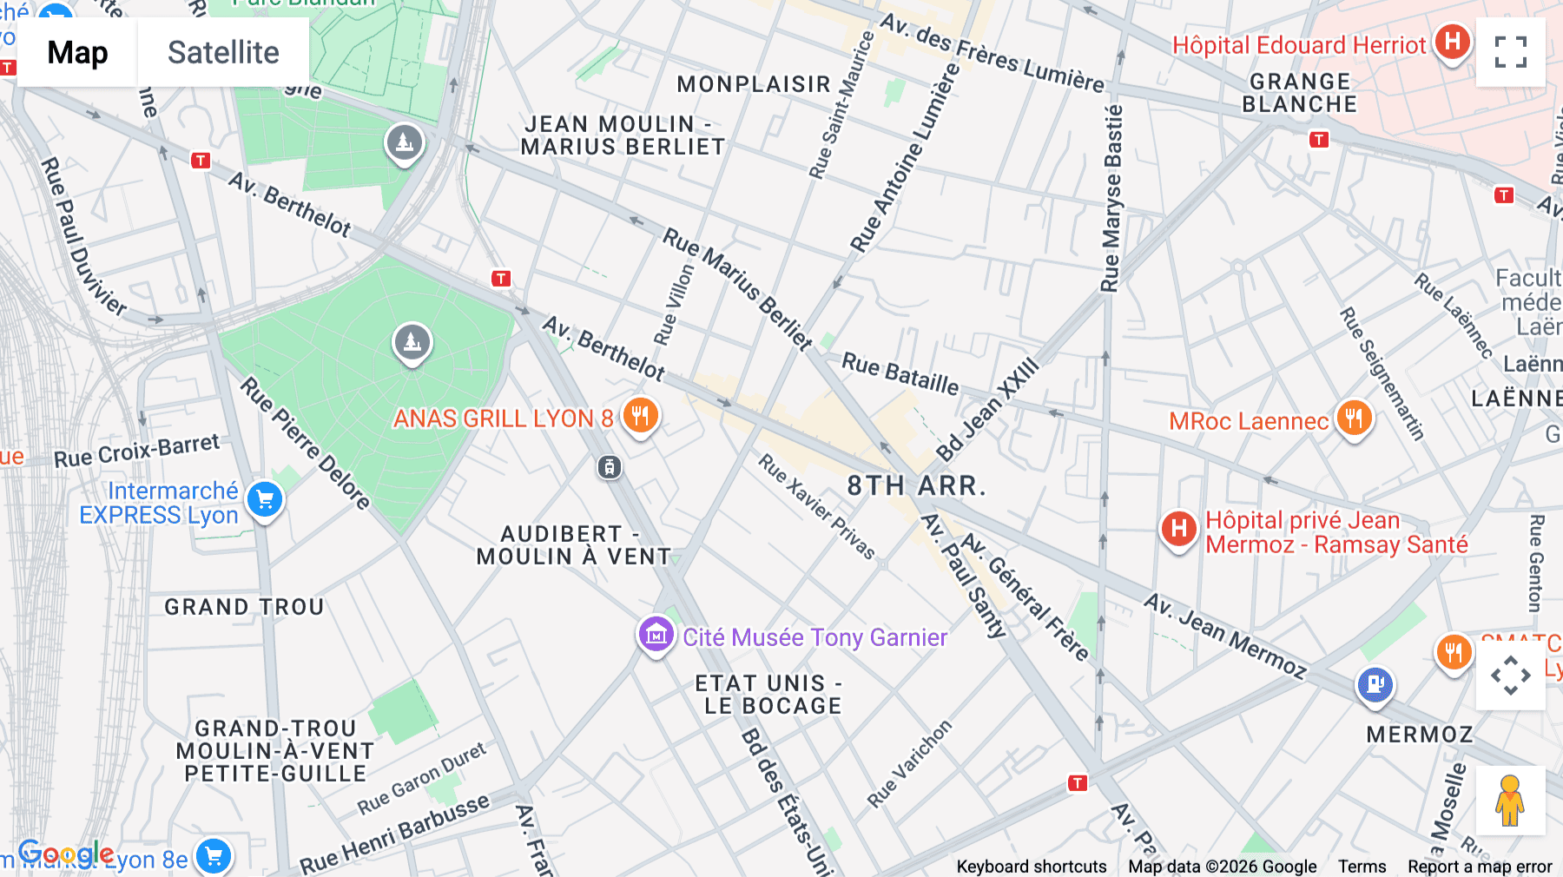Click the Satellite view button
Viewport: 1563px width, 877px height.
223,52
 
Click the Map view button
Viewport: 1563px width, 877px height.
77,52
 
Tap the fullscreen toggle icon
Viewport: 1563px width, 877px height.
1510,52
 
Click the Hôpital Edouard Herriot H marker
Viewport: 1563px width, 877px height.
1452,42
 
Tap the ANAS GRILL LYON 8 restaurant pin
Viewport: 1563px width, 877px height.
640,416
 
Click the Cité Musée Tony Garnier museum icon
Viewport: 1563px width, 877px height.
656,635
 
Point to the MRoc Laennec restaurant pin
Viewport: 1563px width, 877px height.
1354,419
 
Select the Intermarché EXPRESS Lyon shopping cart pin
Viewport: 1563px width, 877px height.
265,500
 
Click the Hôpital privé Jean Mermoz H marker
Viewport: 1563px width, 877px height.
1178,529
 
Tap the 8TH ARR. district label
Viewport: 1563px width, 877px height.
916,485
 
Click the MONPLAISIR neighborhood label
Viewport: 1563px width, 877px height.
754,84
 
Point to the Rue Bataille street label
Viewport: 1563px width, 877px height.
900,373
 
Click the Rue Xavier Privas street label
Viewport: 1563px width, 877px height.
816,506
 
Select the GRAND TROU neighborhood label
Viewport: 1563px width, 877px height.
244,607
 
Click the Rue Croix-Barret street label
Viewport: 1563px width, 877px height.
137,451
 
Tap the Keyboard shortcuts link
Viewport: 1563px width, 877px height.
1031,866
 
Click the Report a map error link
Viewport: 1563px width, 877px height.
1479,866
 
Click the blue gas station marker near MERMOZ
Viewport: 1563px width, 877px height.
1375,684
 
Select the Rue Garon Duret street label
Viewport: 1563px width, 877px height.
422,779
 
